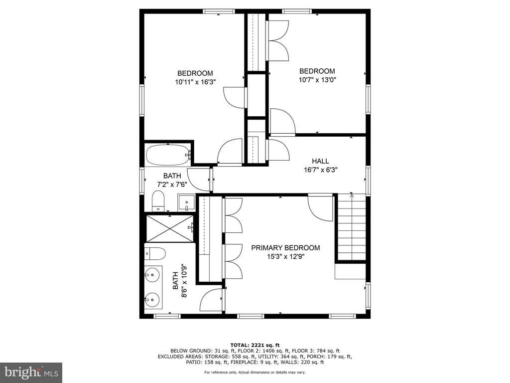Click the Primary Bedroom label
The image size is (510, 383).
(x=285, y=248)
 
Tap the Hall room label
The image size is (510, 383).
(x=320, y=161)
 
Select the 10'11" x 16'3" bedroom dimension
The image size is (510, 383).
(x=195, y=82)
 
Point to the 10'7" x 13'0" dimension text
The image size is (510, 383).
(x=317, y=80)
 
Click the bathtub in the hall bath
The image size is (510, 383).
(x=168, y=155)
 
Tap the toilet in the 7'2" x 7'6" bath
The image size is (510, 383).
(x=158, y=201)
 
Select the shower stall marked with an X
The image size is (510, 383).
(x=169, y=228)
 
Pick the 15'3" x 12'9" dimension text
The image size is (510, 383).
(x=285, y=257)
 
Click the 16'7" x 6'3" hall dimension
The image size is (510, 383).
(x=320, y=170)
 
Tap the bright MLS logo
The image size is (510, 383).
(x=31, y=372)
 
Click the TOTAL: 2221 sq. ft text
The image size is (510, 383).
(x=255, y=345)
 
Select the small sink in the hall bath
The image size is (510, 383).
(x=186, y=203)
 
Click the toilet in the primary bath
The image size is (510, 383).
(x=155, y=253)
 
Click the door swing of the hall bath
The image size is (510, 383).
(x=199, y=180)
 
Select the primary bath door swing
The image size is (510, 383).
(x=211, y=301)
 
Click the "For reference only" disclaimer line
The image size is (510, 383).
(x=255, y=372)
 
